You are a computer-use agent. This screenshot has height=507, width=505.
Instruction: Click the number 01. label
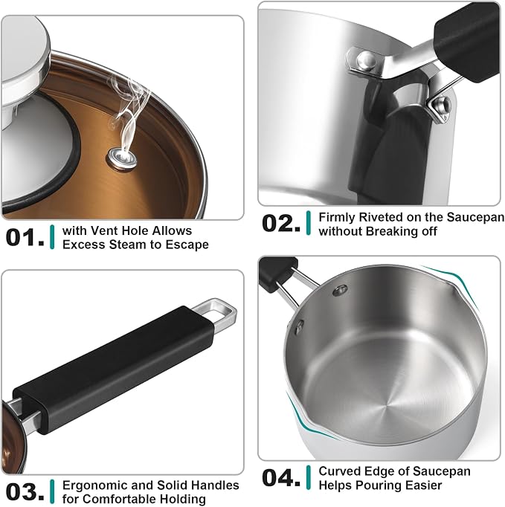click(x=25, y=237)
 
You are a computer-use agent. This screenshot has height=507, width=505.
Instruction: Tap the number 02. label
click(x=281, y=224)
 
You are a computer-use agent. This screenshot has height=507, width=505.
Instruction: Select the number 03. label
click(x=25, y=492)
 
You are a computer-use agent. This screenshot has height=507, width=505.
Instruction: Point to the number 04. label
click(x=281, y=477)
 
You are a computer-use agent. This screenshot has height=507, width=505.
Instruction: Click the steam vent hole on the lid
click(x=122, y=158)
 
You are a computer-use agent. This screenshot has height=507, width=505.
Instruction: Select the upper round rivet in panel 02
click(x=366, y=61)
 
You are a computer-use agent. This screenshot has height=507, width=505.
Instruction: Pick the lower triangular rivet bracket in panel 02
click(x=440, y=107)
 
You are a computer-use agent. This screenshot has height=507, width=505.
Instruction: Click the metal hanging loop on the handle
click(x=220, y=315)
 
